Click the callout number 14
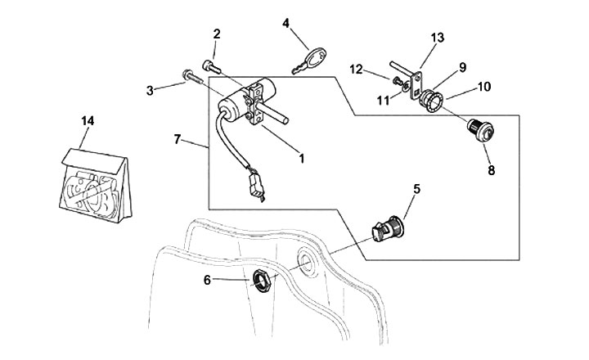[x=88, y=120]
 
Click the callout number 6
[x=207, y=279]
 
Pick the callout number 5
[x=416, y=188]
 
